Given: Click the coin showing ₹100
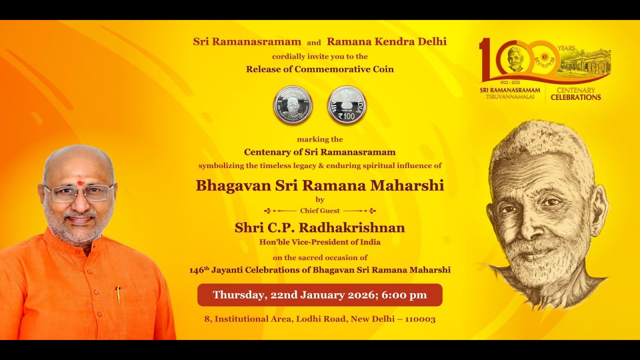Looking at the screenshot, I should (346, 105).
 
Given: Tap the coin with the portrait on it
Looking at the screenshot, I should (292, 105).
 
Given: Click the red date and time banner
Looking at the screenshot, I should (319, 295).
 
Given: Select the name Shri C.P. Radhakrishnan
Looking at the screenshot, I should (319, 228).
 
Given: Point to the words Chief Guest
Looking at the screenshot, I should (319, 211).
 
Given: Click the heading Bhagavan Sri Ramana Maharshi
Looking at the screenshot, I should (319, 185).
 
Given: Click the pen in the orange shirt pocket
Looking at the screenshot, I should (118, 294).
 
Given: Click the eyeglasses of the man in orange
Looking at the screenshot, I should (78, 193).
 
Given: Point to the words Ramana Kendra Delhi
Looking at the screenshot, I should (386, 42).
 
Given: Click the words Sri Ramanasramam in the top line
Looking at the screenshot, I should (247, 42).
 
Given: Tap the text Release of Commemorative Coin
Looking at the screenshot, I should (319, 69).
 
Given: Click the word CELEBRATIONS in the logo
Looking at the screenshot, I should (575, 97).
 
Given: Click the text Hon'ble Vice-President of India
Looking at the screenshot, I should (319, 242).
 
